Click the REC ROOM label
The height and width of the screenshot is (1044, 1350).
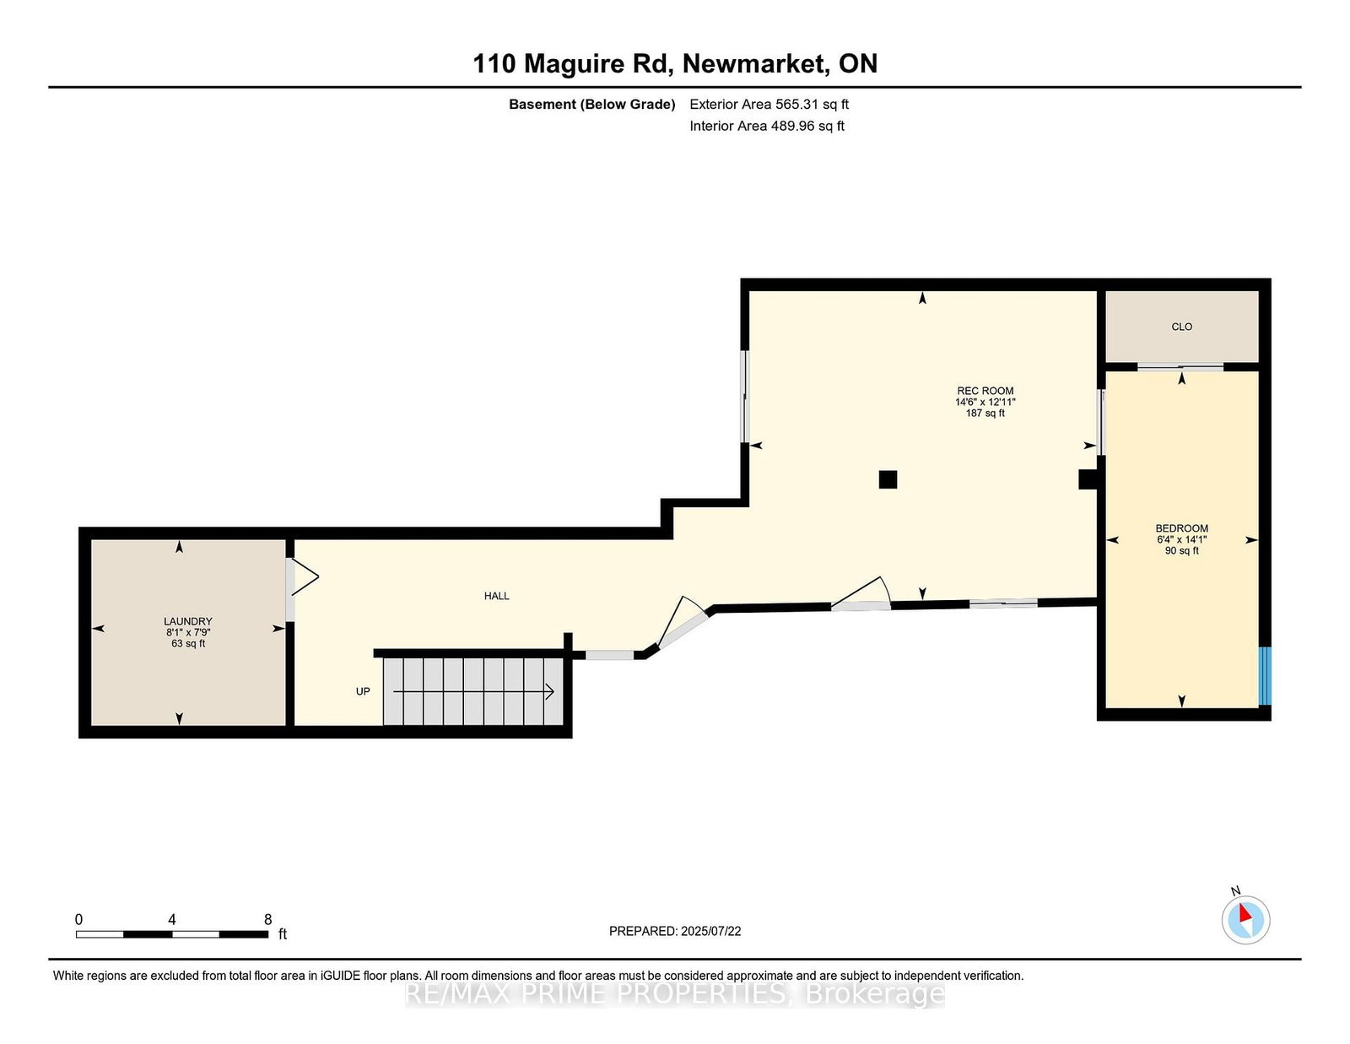(x=985, y=391)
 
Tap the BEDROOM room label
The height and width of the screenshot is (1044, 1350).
(x=1181, y=529)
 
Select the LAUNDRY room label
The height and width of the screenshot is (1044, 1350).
(x=188, y=621)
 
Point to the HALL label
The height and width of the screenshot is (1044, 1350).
(x=496, y=596)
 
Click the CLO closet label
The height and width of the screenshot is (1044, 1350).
(x=1181, y=327)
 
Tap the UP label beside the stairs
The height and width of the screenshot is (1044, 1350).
(x=363, y=691)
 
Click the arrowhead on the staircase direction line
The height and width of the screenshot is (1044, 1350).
(x=550, y=691)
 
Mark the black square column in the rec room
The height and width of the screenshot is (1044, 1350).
(x=888, y=479)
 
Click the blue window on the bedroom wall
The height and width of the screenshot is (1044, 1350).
(x=1265, y=676)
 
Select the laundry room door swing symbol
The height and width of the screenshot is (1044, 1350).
(x=305, y=577)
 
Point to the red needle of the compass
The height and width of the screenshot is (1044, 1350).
(x=1245, y=913)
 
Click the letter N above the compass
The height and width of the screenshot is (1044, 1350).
(x=1236, y=891)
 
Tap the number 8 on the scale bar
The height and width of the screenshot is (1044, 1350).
(x=268, y=919)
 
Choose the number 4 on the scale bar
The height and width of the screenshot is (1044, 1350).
(x=172, y=919)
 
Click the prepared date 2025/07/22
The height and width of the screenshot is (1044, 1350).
(x=710, y=931)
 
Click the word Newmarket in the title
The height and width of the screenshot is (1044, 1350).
(x=756, y=63)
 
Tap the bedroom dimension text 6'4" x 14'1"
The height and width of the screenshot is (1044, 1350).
(x=1181, y=540)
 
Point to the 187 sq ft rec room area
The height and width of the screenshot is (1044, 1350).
(x=985, y=413)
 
